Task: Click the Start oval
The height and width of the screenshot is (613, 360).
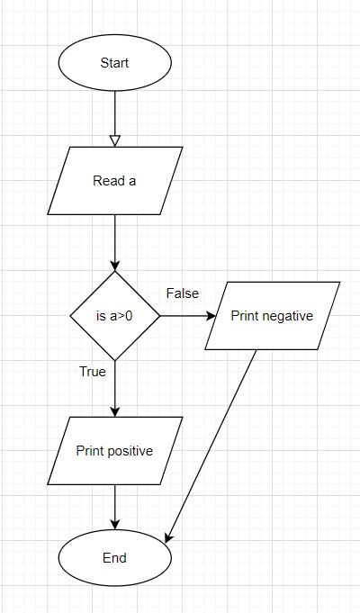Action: pos(115,63)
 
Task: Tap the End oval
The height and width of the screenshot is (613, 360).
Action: pos(115,558)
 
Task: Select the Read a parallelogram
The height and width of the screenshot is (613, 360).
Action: pos(115,181)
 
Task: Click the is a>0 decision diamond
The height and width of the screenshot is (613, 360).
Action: pos(115,316)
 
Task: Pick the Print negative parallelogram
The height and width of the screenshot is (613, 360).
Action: pos(272,316)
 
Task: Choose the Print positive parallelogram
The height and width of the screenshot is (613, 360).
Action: pos(115,451)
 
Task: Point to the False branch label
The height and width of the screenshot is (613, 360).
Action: pos(183,293)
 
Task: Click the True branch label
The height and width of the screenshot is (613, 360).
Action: pos(93,371)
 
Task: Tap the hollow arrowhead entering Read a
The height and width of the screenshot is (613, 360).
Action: pos(115,140)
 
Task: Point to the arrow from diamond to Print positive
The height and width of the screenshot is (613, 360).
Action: pos(115,387)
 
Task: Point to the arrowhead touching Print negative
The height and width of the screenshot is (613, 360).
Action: pos(211,316)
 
